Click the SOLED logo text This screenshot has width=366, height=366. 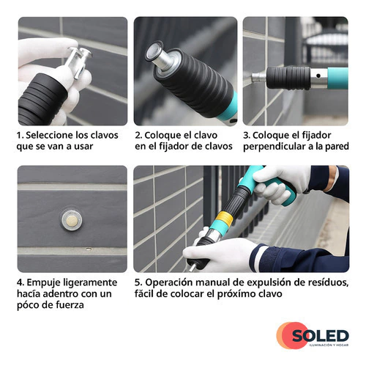point(321,336)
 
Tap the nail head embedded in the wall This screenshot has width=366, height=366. point(72,221)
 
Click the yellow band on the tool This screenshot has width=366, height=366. point(224,219)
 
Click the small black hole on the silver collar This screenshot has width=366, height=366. point(318,76)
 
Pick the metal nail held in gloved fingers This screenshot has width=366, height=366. point(78,61)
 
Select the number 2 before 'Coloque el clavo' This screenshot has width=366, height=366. point(138,135)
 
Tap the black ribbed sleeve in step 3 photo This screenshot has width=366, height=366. point(288,78)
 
